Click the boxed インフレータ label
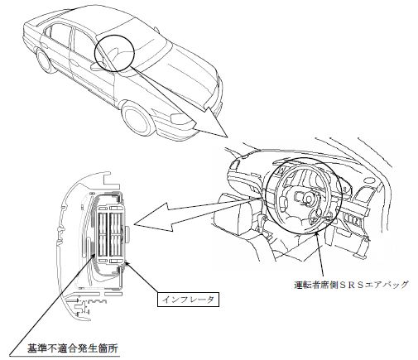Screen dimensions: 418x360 pos(188,300)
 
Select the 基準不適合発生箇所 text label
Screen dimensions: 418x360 pos(73,348)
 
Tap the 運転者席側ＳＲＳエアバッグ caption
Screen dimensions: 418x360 pos(350,285)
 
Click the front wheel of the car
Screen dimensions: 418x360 pos(137,119)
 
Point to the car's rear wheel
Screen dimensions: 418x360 pos(45,60)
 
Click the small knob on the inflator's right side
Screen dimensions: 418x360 pos(127,234)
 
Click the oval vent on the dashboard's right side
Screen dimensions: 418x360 pos(369,180)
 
